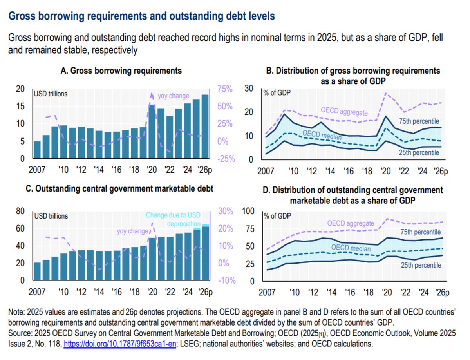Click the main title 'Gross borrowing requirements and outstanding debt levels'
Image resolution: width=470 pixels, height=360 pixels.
(141, 16)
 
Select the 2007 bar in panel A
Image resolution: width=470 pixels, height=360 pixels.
(37, 150)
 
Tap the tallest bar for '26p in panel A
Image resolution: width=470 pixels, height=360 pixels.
(205, 127)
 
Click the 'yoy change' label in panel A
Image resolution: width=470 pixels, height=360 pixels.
(174, 96)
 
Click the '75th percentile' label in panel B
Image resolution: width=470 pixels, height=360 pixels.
(419, 121)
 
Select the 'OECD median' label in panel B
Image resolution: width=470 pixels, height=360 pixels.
(322, 135)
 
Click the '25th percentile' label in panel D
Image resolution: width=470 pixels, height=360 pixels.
(421, 265)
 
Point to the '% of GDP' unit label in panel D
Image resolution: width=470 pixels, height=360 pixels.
(277, 216)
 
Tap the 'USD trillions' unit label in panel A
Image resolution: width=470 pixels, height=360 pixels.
(51, 94)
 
